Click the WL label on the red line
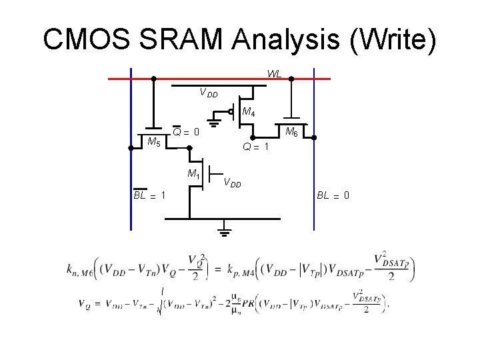(x=274, y=73)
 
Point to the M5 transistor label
(x=153, y=141)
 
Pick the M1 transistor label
(x=194, y=175)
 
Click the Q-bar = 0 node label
(x=187, y=131)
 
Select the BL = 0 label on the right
(x=333, y=195)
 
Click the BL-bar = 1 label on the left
(x=149, y=195)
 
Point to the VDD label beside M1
(x=233, y=182)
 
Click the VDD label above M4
(x=209, y=93)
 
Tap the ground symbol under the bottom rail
(x=224, y=233)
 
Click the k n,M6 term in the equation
(x=79, y=268)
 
